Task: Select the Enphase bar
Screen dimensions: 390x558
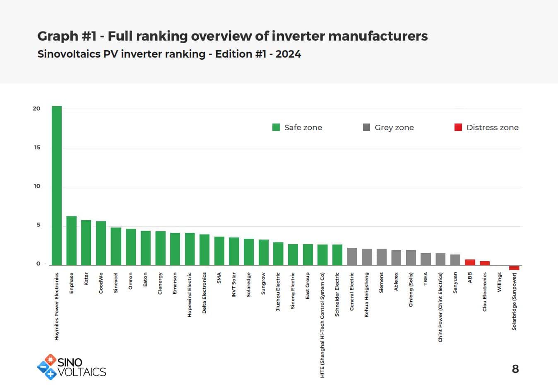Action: pos(71,241)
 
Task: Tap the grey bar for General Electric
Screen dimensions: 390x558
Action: pos(352,257)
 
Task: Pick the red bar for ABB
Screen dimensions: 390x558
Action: pos(470,262)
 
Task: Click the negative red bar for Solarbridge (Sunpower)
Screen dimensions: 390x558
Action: pos(514,268)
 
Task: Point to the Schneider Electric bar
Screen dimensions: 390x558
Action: pos(337,255)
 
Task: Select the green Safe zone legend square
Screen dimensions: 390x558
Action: pos(276,127)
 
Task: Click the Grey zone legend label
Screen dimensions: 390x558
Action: pos(394,128)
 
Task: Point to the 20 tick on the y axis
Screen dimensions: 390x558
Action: pos(37,109)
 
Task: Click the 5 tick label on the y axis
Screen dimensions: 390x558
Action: pos(38,225)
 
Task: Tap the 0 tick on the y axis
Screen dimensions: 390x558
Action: pos(38,264)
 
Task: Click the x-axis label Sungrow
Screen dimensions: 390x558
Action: pos(263,283)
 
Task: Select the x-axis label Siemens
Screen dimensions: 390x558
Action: pos(381,283)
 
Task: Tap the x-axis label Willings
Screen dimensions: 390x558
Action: pos(499,282)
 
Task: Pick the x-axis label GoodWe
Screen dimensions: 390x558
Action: pos(101,283)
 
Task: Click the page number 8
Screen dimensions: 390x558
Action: pos(515,369)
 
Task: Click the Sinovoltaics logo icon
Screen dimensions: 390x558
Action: pos(47,367)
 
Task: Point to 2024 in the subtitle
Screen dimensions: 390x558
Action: pos(288,54)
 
